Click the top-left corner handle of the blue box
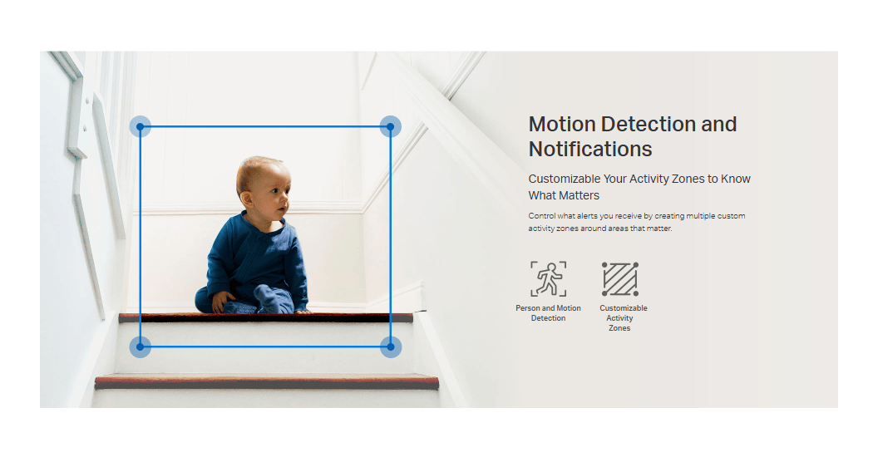click(141, 127)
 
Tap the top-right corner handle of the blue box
click(391, 127)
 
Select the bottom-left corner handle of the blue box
click(141, 347)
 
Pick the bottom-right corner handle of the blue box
click(391, 347)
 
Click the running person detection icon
click(549, 279)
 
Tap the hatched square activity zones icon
click(620, 279)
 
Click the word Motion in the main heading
click(562, 124)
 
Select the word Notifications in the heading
click(590, 150)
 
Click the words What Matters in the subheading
click(564, 195)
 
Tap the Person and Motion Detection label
click(549, 312)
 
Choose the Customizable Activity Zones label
click(623, 317)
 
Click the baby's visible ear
click(245, 198)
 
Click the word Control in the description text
click(540, 216)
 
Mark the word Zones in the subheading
click(688, 179)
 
